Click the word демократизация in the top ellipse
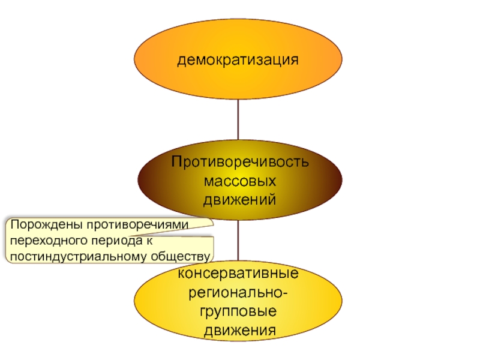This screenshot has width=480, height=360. point(239,60)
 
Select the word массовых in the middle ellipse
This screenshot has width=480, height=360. point(239,181)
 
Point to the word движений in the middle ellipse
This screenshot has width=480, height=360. point(239,199)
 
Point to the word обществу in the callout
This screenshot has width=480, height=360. point(178,256)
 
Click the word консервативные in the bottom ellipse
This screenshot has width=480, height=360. point(239,275)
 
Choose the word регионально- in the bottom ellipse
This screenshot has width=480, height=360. point(239,293)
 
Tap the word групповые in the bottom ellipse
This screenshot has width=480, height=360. point(239,312)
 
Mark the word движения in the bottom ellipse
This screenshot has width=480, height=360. point(239,331)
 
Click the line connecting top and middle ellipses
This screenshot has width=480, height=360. point(239,120)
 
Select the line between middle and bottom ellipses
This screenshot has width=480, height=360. point(239,240)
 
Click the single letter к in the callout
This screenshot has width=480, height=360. point(144,241)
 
